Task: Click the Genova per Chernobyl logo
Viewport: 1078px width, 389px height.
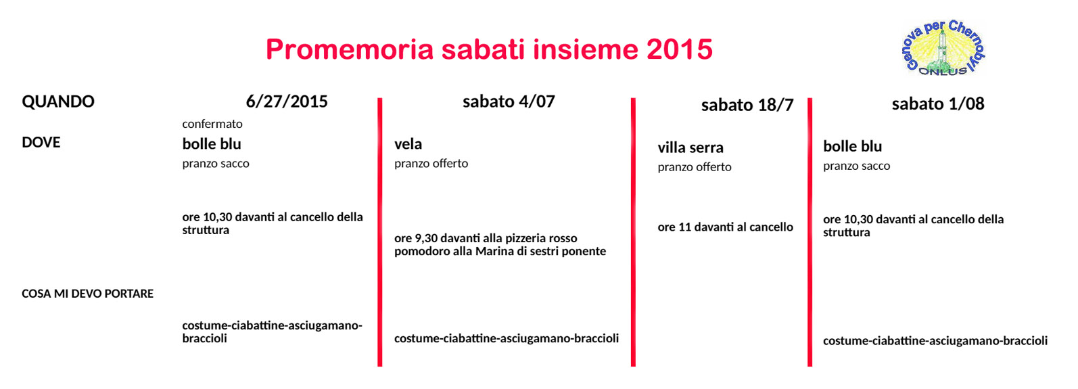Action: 943,47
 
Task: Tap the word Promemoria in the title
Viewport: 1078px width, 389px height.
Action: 350,49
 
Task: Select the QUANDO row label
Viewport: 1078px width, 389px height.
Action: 58,101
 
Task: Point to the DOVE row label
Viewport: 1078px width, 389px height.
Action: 41,143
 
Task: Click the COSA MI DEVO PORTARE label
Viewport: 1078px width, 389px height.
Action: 88,294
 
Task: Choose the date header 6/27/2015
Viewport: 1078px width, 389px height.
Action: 287,101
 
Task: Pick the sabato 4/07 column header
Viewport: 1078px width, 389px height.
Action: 509,101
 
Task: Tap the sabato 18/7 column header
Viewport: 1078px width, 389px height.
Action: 747,105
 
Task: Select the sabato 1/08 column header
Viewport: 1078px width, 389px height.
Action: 938,104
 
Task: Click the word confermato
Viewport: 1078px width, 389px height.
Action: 212,124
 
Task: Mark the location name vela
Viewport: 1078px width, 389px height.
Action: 408,144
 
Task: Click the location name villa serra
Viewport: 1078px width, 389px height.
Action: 690,147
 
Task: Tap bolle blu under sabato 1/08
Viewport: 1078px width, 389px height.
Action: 852,146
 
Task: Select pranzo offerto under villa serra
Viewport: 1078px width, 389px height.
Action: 695,167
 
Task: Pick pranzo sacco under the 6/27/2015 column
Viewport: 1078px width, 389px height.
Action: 216,164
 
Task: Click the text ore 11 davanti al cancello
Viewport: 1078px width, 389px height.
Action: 725,227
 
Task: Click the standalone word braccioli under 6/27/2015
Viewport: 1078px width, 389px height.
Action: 204,338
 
